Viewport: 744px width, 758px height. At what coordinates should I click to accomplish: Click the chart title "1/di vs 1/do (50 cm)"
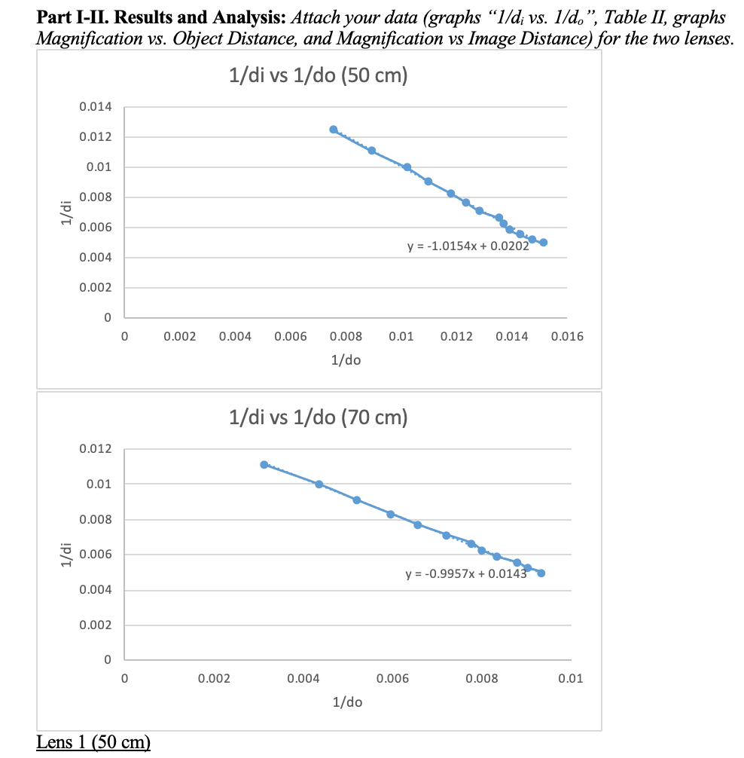click(318, 78)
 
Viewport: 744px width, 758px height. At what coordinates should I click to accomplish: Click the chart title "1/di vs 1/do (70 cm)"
click(318, 417)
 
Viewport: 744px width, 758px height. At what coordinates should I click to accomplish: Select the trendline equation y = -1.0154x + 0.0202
click(467, 246)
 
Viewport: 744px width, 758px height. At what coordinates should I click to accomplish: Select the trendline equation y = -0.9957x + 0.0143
click(465, 574)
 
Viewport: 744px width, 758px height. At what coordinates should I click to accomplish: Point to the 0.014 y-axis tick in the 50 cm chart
click(96, 108)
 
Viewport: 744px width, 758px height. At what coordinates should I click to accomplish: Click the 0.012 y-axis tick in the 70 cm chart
click(96, 449)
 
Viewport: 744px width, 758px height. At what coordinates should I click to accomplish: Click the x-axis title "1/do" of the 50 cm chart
click(346, 360)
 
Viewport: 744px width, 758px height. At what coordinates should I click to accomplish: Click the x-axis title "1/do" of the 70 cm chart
click(346, 702)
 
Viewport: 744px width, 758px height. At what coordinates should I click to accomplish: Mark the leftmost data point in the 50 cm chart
click(334, 130)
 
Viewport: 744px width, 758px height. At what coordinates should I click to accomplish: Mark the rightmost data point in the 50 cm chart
click(544, 243)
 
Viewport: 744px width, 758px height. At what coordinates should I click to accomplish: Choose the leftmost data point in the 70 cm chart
click(264, 464)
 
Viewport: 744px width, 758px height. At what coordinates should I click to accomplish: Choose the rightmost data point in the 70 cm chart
click(541, 573)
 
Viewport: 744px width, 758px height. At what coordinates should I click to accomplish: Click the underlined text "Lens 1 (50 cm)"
click(93, 742)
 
